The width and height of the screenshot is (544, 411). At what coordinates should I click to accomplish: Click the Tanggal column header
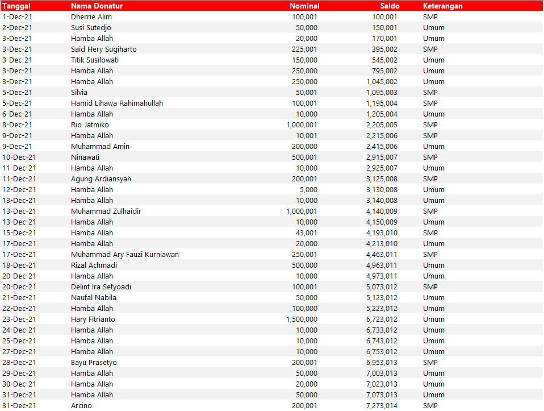click(16, 6)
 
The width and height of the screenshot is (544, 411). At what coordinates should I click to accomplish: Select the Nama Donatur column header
click(97, 6)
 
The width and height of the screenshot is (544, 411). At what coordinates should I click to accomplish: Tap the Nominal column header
click(304, 6)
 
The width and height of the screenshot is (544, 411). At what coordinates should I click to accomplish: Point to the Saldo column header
click(390, 6)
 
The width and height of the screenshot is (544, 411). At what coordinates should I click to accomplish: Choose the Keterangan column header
click(442, 6)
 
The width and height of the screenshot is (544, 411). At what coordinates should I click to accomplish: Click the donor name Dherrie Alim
click(91, 16)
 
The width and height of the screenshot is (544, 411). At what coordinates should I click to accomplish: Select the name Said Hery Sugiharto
click(104, 49)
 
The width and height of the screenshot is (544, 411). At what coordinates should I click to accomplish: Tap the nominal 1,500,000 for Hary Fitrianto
click(302, 319)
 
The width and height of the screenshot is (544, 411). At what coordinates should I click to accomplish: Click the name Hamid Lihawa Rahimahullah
click(117, 103)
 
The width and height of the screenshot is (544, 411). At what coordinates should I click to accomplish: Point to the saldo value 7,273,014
click(382, 405)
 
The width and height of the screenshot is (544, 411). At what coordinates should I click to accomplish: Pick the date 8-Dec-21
click(17, 124)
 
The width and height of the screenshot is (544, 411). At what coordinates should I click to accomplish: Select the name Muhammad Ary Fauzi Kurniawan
click(125, 254)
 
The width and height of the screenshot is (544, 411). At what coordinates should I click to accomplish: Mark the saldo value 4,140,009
click(382, 211)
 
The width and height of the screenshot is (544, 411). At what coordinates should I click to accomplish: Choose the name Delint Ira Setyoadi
click(101, 287)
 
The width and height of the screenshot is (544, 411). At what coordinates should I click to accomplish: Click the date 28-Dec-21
click(19, 362)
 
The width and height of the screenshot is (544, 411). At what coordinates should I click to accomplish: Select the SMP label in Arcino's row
click(430, 405)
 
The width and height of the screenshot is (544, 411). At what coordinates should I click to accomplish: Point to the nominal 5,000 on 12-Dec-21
click(308, 189)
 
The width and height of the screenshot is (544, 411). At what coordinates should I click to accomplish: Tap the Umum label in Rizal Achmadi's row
click(434, 265)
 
